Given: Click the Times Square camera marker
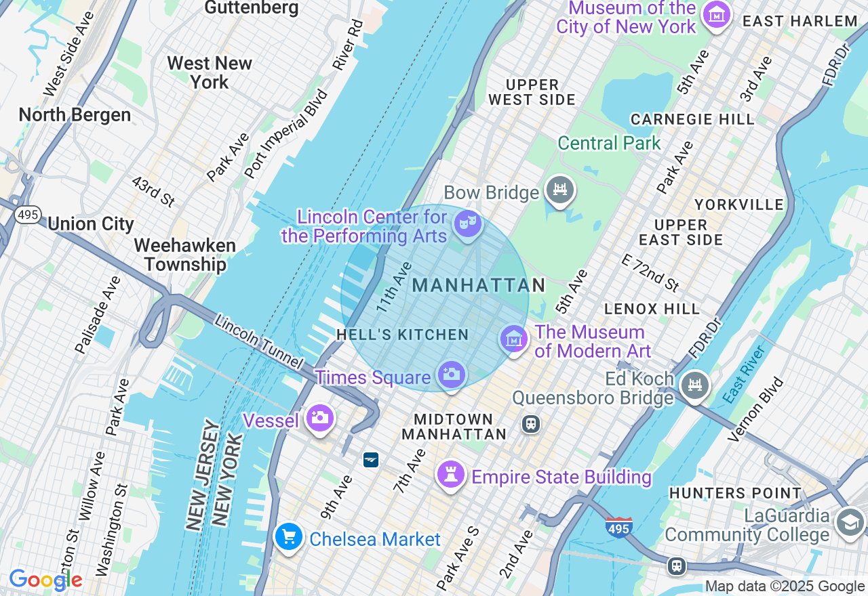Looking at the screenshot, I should pyautogui.click(x=452, y=374).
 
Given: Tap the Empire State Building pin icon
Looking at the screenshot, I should pyautogui.click(x=450, y=474).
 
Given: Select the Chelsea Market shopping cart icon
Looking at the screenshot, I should pyautogui.click(x=289, y=537).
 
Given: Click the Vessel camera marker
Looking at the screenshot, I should pyautogui.click(x=319, y=418).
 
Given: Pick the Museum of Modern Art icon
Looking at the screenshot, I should pyautogui.click(x=513, y=339).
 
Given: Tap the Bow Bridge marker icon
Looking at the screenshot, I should pyautogui.click(x=560, y=190).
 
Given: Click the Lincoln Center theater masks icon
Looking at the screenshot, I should pyautogui.click(x=467, y=223).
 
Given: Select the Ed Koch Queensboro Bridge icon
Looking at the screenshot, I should pyautogui.click(x=694, y=386).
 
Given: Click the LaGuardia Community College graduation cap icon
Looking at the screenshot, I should pyautogui.click(x=850, y=522).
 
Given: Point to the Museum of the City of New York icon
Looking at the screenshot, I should pyautogui.click(x=716, y=14).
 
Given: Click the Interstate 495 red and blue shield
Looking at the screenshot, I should pyautogui.click(x=618, y=527).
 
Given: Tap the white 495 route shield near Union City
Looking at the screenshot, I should pyautogui.click(x=28, y=215).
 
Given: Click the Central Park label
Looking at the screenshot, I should pyautogui.click(x=609, y=144).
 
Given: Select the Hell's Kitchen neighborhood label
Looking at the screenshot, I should pyautogui.click(x=403, y=335).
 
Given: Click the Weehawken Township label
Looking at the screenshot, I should pyautogui.click(x=184, y=255).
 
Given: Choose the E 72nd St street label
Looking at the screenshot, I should pyautogui.click(x=650, y=272).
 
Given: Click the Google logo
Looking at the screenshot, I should pyautogui.click(x=45, y=580).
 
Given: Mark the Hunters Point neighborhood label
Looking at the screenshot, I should pyautogui.click(x=735, y=493).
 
